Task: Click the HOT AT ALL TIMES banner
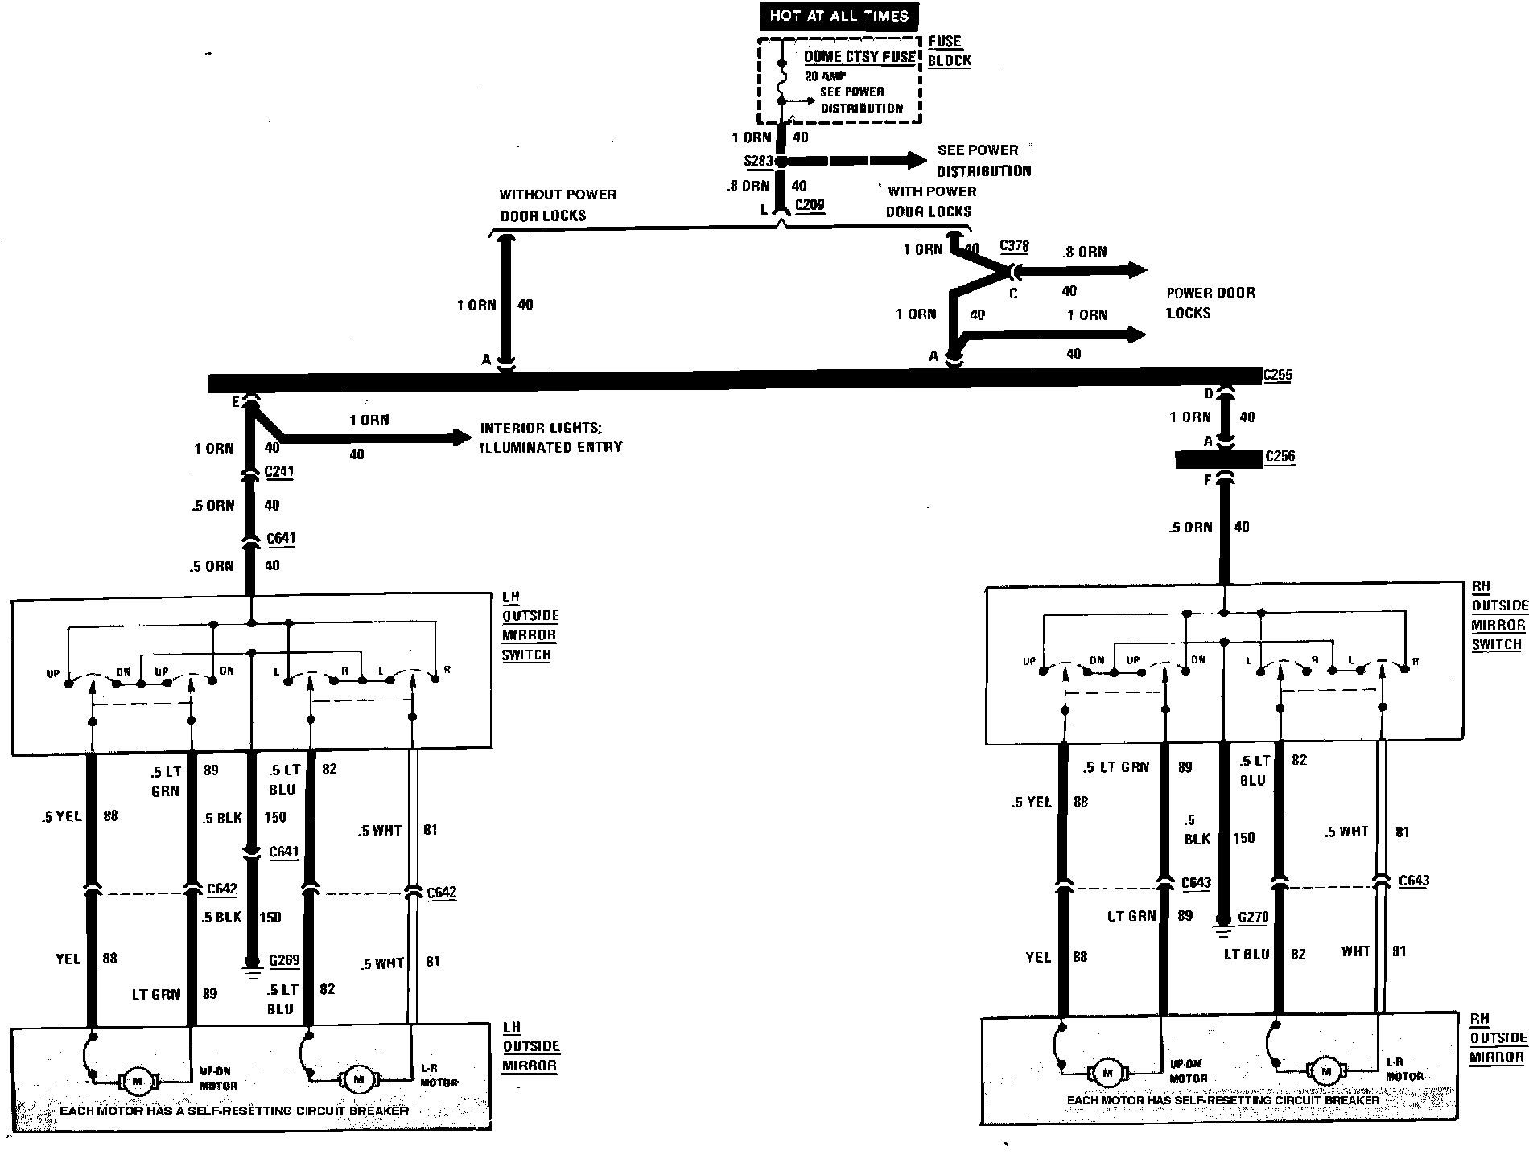[x=839, y=16]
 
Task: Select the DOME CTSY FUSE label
[x=859, y=57]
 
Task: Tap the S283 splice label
[x=758, y=161]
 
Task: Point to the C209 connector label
[x=810, y=205]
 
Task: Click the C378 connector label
[x=1014, y=246]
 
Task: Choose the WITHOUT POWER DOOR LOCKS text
[x=557, y=205]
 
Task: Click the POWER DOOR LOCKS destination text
[x=1210, y=302]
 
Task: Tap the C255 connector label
[x=1277, y=375]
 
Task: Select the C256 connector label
[x=1280, y=457]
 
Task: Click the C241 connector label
[x=279, y=471]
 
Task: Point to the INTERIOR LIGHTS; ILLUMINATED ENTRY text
[x=551, y=437]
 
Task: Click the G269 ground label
[x=284, y=960]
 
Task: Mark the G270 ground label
[x=1253, y=917]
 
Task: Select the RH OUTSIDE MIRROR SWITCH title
[x=1498, y=615]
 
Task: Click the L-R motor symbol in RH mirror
[x=1325, y=1070]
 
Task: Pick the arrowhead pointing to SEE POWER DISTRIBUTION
[x=916, y=161]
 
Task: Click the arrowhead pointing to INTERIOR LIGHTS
[x=462, y=437]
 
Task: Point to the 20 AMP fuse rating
[x=825, y=76]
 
